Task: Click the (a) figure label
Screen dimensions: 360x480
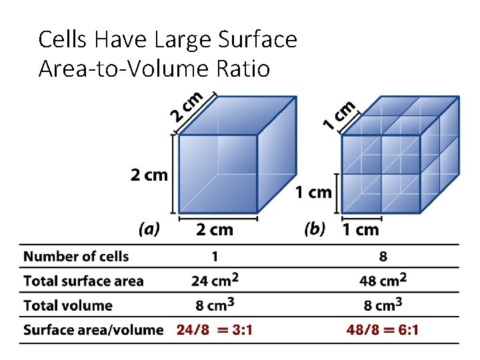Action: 149,229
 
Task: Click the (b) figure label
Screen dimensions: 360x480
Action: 315,229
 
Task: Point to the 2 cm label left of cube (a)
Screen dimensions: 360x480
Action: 149,175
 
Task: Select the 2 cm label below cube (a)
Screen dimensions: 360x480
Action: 215,230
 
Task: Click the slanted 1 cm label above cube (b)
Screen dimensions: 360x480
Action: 339,114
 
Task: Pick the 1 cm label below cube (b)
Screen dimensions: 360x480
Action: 360,230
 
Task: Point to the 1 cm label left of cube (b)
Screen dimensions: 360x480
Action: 313,193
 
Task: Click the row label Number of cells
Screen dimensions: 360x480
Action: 76,257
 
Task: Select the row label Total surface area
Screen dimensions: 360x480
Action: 83,281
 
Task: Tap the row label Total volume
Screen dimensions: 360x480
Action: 68,305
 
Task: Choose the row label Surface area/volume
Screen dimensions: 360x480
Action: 93,329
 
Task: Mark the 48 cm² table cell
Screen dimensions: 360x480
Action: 383,280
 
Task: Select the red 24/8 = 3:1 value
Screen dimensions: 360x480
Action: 215,329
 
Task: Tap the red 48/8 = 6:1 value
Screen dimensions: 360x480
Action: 383,329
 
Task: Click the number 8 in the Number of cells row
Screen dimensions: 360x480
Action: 383,257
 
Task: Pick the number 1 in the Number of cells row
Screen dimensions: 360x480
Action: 215,257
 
